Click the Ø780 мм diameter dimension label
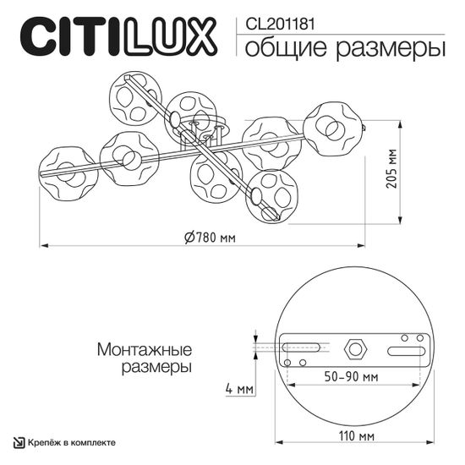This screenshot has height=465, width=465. tap(210, 236)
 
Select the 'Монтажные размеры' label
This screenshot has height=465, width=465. tap(145, 358)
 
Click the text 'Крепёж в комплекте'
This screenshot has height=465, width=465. tap(73, 443)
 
